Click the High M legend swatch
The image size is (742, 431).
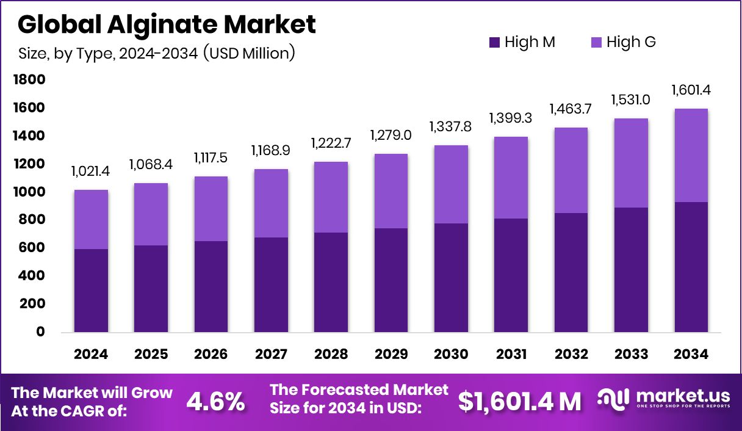pyautogui.click(x=494, y=43)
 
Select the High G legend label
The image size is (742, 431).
pyautogui.click(x=631, y=43)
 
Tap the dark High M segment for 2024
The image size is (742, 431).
pyautogui.click(x=92, y=291)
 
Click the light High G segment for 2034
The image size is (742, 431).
pyautogui.click(x=691, y=156)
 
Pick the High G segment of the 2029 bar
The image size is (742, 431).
pyautogui.click(x=391, y=191)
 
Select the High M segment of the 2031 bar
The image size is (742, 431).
pyautogui.click(x=511, y=275)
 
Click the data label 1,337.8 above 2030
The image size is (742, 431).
pyautogui.click(x=451, y=127)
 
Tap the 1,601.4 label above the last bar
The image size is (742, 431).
pyautogui.click(x=691, y=90)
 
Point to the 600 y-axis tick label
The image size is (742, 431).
pyautogui.click(x=32, y=248)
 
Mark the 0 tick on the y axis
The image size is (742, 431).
pyautogui.click(x=41, y=332)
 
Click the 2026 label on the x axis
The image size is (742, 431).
pyautogui.click(x=211, y=355)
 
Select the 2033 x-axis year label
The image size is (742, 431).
pyautogui.click(x=632, y=355)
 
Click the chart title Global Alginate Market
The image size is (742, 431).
pyautogui.click(x=167, y=25)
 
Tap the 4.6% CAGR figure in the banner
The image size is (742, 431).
pyautogui.click(x=215, y=402)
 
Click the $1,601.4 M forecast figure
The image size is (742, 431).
pyautogui.click(x=519, y=402)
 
